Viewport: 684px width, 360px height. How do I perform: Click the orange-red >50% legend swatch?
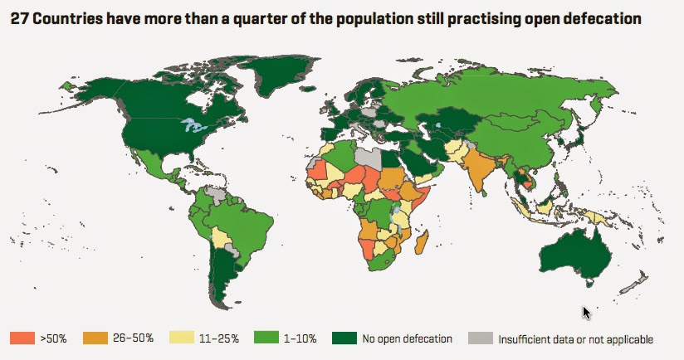(x=22, y=338)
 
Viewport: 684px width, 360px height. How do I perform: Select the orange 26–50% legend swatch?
(x=95, y=338)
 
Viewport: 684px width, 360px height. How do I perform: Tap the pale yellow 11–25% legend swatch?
(x=181, y=338)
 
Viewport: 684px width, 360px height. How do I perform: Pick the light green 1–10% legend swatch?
(x=266, y=338)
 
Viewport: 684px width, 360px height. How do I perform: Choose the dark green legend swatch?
(x=344, y=338)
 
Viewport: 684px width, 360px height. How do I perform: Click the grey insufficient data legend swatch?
(x=481, y=338)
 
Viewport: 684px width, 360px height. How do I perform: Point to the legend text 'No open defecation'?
(x=407, y=338)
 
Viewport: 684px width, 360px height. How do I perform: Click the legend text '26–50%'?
(x=133, y=338)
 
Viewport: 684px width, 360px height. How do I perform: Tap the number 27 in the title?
(x=19, y=19)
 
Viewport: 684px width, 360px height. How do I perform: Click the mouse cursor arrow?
(x=586, y=313)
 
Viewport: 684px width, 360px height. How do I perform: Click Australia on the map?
(x=575, y=255)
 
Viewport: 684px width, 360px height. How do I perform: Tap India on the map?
(x=479, y=168)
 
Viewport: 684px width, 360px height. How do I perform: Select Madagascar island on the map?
(x=422, y=243)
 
